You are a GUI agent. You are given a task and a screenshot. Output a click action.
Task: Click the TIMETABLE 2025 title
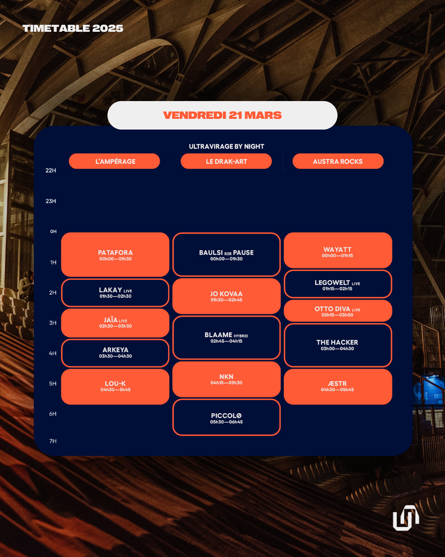(73, 28)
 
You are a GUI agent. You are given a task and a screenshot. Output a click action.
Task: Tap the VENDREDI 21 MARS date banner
(222, 115)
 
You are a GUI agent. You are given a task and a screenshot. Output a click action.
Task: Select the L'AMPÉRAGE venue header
(115, 161)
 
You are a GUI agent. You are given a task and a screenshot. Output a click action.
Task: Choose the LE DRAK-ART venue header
(226, 161)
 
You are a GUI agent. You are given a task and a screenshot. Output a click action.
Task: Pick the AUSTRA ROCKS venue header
(338, 161)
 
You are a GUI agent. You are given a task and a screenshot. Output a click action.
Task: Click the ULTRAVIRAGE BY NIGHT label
(226, 146)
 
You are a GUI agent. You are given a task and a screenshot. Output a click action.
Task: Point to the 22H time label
(51, 170)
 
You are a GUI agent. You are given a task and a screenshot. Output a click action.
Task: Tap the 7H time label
(53, 441)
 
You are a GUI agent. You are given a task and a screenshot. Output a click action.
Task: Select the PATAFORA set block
(115, 255)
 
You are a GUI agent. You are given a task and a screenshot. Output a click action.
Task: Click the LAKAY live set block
(115, 293)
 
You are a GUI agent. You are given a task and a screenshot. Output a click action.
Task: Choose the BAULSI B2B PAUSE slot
(226, 255)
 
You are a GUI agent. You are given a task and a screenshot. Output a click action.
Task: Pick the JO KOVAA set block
(226, 296)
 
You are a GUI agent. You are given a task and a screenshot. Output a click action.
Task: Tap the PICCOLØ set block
(226, 418)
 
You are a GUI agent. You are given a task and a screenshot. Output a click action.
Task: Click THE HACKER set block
(337, 345)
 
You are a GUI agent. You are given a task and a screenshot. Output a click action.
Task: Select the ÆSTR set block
(337, 386)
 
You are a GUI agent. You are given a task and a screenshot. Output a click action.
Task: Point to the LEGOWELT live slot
(337, 284)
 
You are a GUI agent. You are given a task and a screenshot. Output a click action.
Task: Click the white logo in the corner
(406, 517)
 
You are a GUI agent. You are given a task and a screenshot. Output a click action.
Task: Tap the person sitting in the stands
(27, 285)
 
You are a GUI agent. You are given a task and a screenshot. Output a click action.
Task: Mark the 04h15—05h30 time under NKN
(226, 383)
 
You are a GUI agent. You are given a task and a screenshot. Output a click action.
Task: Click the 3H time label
(53, 323)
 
